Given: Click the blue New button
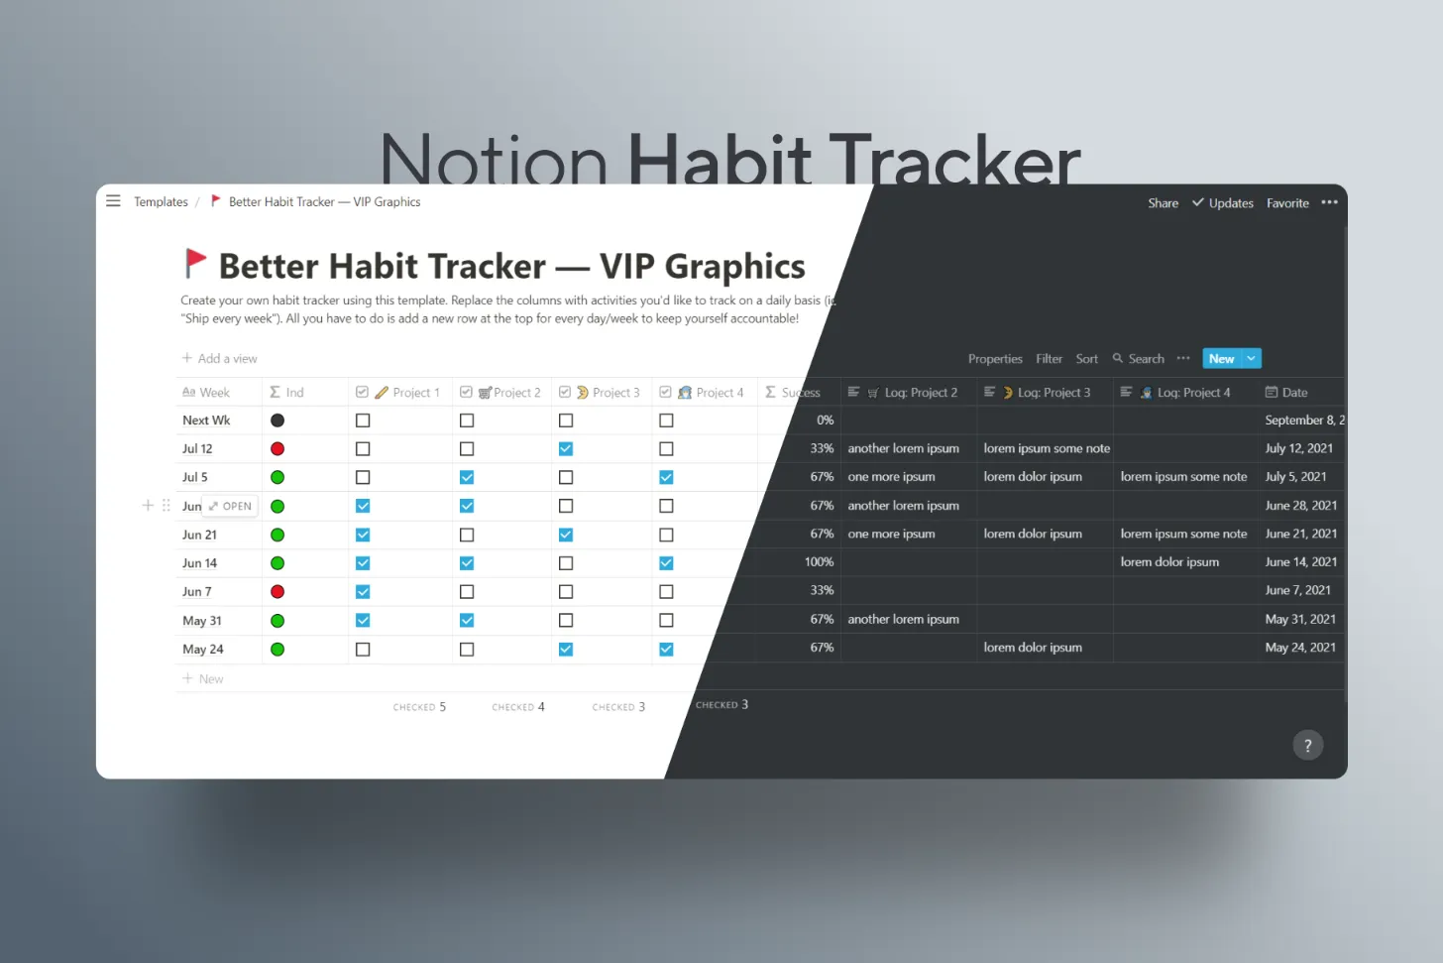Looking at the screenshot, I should point(1221,359).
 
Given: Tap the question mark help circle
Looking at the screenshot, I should point(1307,746).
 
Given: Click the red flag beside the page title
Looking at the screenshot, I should point(195,263).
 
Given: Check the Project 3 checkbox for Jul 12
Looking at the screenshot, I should point(566,449).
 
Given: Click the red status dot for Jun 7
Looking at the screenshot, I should point(277,592).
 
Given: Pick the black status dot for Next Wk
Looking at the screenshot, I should point(277,421).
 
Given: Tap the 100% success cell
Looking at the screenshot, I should point(819,562).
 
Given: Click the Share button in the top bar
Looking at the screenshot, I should point(1163,203).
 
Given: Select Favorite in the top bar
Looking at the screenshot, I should point(1287,203).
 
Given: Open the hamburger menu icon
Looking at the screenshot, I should point(113,201).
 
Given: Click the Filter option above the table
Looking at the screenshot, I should point(1049,359).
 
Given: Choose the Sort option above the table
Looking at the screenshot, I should point(1086,359).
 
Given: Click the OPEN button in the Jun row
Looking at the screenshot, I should point(231,507).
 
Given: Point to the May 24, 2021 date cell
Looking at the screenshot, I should point(1299,649).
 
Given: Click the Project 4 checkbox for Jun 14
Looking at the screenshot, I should point(666,563).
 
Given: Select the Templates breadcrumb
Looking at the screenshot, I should point(161,202).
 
